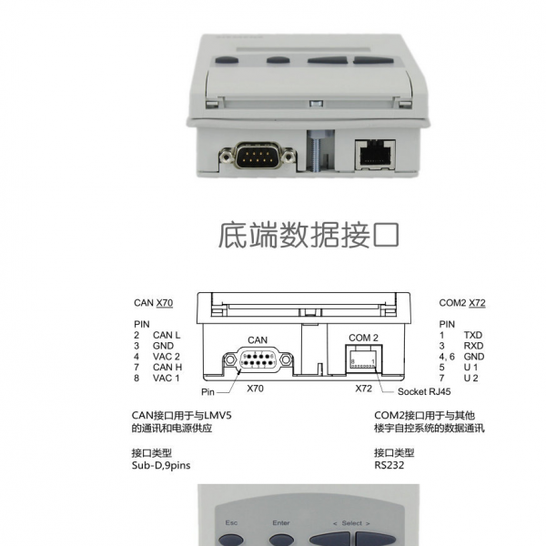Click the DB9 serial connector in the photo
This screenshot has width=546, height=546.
tap(258, 156)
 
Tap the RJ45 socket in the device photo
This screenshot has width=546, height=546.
tap(375, 155)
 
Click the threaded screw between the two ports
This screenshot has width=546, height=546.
tap(315, 151)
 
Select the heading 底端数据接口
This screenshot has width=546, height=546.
tap(308, 235)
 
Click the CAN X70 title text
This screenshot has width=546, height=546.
tap(153, 303)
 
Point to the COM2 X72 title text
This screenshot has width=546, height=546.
tap(462, 303)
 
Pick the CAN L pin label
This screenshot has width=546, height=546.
tap(167, 335)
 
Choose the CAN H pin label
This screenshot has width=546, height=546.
tap(167, 367)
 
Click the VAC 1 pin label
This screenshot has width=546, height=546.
tap(167, 378)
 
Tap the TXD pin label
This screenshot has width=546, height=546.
tap(473, 335)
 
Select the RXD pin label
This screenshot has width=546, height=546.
tap(473, 346)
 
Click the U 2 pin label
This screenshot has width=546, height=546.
tap(470, 378)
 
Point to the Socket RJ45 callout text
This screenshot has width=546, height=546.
tap(424, 391)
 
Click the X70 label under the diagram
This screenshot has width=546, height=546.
tap(255, 389)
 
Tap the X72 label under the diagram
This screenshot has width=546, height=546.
tap(363, 389)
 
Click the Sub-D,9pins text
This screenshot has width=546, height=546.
tap(161, 466)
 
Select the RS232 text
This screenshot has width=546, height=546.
tap(389, 465)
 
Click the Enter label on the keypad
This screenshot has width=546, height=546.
tap(281, 522)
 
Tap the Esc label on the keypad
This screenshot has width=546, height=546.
tap(231, 522)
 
